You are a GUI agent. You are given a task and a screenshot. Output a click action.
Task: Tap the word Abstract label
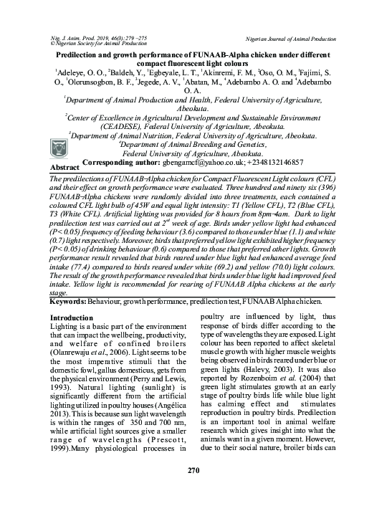pyautogui.click(x=64, y=167)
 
